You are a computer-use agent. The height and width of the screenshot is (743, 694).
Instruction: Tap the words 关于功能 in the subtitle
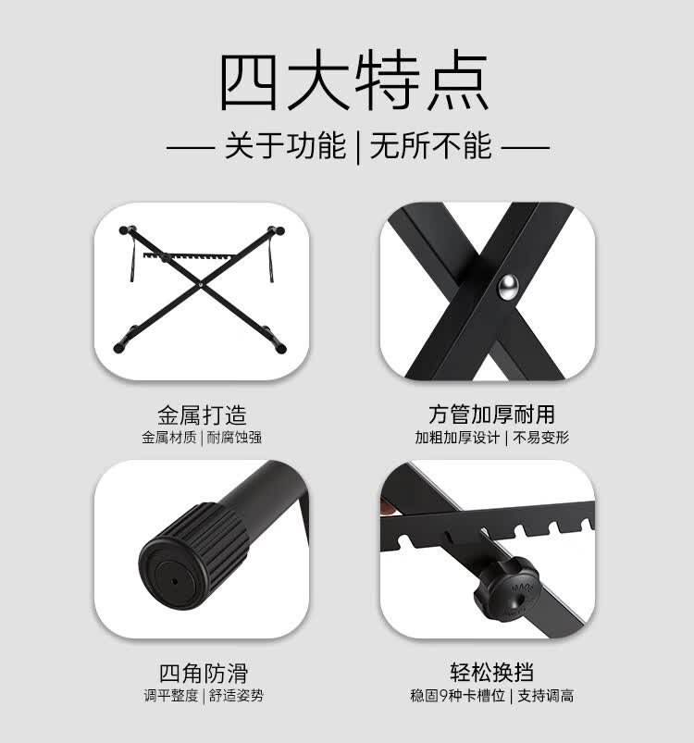tap(284, 146)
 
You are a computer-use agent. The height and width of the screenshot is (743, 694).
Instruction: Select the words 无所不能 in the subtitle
tap(430, 146)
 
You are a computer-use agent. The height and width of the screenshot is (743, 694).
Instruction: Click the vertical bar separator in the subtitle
tap(357, 146)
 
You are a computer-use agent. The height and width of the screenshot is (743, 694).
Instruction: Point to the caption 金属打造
tap(202, 415)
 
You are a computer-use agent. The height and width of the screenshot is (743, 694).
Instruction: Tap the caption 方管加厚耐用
tap(491, 415)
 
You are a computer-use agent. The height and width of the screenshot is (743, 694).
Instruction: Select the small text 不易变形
tap(541, 438)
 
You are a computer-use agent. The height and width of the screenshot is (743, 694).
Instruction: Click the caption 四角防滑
tap(202, 673)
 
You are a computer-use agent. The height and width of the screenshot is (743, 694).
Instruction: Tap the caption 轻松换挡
tap(491, 673)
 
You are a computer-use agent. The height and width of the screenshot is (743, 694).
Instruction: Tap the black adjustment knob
tap(500, 591)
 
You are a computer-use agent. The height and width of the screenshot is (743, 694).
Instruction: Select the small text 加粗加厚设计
tap(457, 438)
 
